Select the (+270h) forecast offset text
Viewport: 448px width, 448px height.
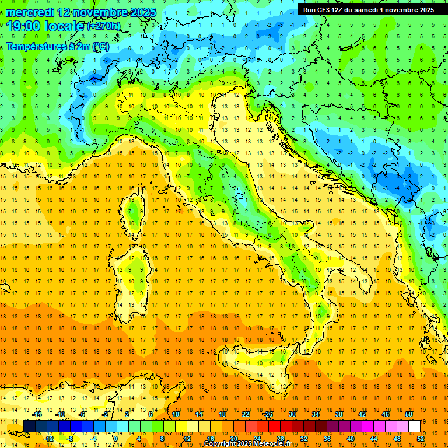coord(104,26)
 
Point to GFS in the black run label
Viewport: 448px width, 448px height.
coord(325,9)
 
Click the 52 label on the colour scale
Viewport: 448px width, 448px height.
coord(421,439)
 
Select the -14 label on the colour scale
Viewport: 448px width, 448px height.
coord(38,414)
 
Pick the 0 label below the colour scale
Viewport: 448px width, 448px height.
coord(116,439)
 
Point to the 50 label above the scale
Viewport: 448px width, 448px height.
coord(409,414)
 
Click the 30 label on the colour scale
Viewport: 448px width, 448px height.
coord(292,414)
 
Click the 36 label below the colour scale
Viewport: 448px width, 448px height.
coord(327,439)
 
